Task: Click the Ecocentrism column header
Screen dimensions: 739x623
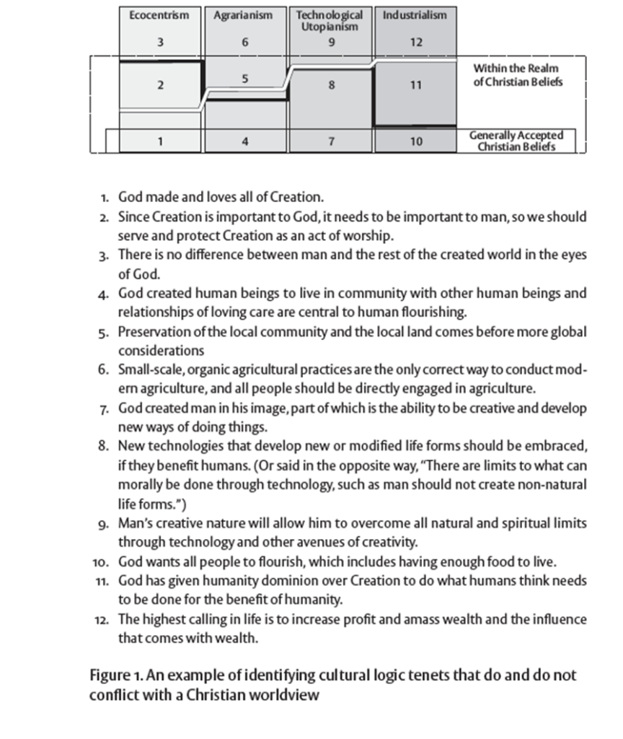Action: point(159,14)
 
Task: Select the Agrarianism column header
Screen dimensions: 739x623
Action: point(244,14)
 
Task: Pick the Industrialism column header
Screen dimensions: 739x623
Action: point(415,14)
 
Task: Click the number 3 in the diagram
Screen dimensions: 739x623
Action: point(159,42)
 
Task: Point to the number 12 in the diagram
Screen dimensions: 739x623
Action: point(416,42)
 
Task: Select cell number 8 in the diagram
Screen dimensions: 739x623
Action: point(331,85)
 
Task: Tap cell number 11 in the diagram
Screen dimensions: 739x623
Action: point(416,85)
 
